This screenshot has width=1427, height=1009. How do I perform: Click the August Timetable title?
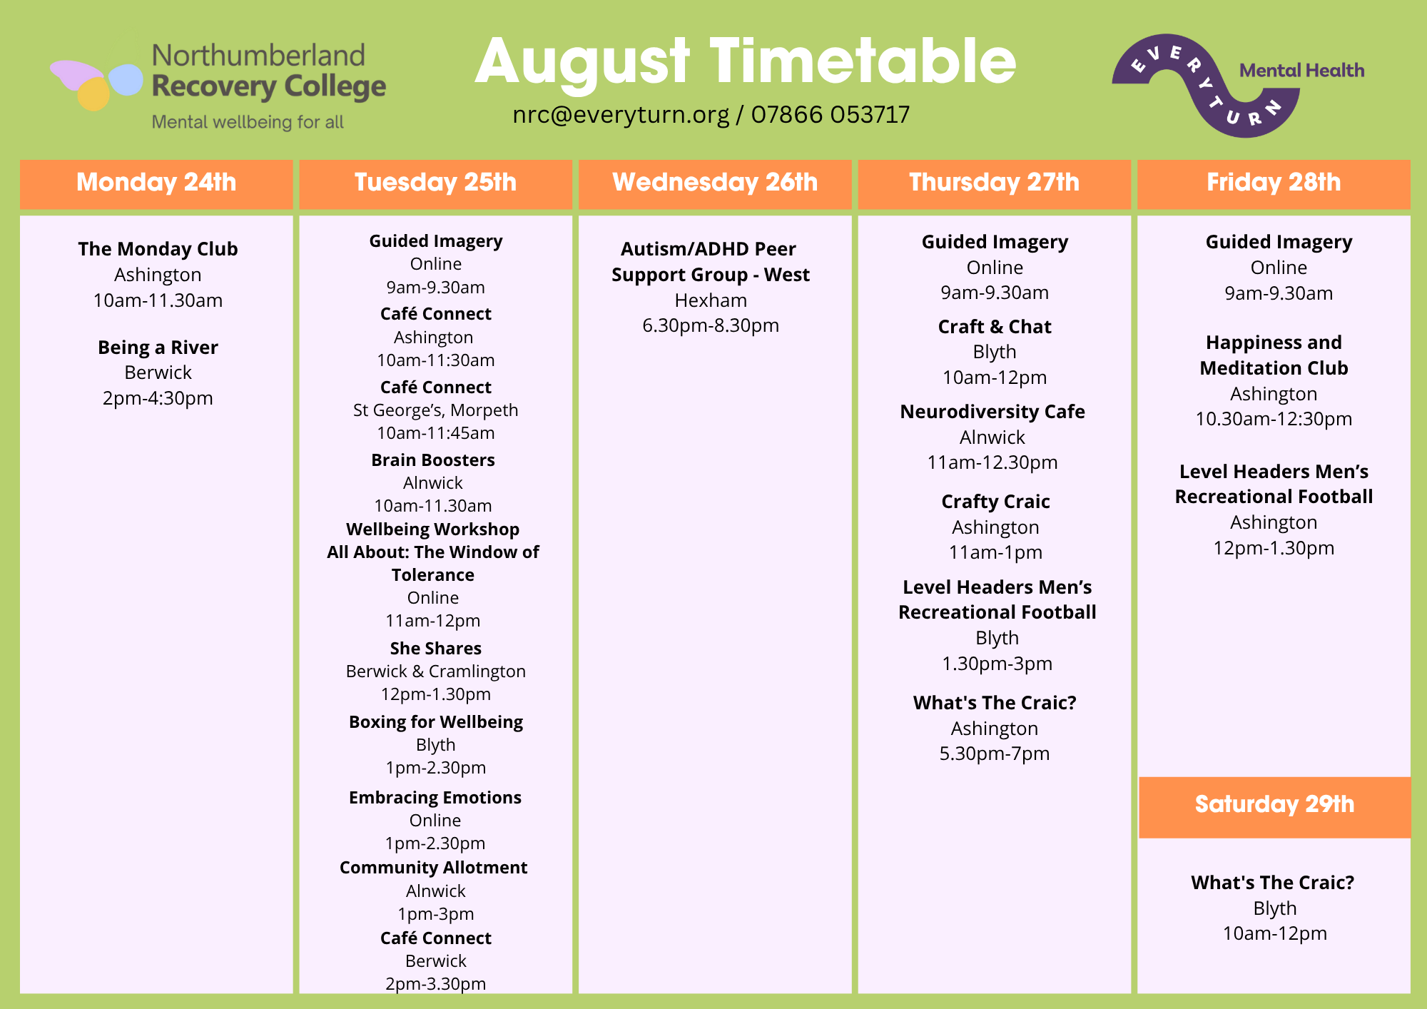click(x=746, y=63)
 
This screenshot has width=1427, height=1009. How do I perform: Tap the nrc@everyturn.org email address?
click(x=621, y=114)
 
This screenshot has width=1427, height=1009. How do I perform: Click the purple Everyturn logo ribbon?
click(x=1206, y=86)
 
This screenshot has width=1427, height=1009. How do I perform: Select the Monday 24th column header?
click(x=156, y=183)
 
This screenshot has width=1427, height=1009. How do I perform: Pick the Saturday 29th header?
click(x=1274, y=805)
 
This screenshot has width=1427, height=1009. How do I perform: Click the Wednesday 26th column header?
click(x=715, y=183)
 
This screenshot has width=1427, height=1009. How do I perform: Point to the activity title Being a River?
click(x=158, y=348)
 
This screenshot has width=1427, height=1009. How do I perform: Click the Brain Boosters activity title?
click(x=433, y=460)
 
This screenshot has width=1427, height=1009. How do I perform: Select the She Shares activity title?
click(x=436, y=649)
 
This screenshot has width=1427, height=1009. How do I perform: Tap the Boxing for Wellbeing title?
click(x=436, y=722)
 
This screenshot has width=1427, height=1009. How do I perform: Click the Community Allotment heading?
click(x=434, y=868)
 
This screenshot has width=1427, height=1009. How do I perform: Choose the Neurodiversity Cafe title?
click(x=992, y=412)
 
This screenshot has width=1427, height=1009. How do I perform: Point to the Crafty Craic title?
click(x=995, y=502)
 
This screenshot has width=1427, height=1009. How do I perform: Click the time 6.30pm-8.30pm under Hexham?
click(x=711, y=325)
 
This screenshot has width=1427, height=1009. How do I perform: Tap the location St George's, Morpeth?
click(x=436, y=410)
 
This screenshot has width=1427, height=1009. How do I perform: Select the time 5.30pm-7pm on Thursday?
click(x=995, y=754)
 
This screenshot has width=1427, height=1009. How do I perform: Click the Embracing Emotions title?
click(x=435, y=798)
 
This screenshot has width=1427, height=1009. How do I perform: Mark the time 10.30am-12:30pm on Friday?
click(x=1274, y=419)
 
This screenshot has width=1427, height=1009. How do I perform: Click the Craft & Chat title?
click(x=995, y=327)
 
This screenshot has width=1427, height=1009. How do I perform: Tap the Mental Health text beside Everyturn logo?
click(x=1302, y=71)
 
